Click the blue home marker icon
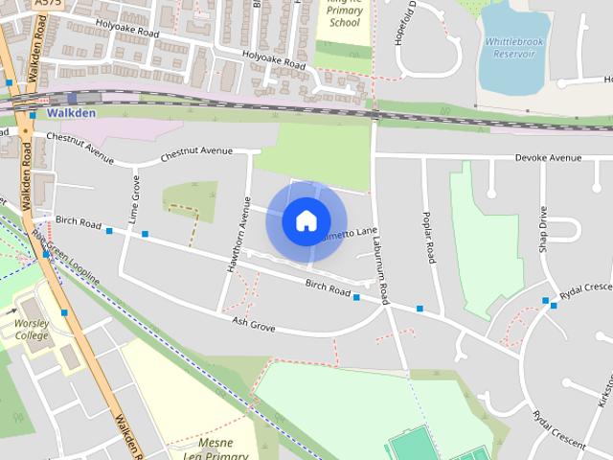click(306, 221)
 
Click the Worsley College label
click(32, 330)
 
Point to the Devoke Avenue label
click(548, 158)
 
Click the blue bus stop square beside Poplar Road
click(420, 309)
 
